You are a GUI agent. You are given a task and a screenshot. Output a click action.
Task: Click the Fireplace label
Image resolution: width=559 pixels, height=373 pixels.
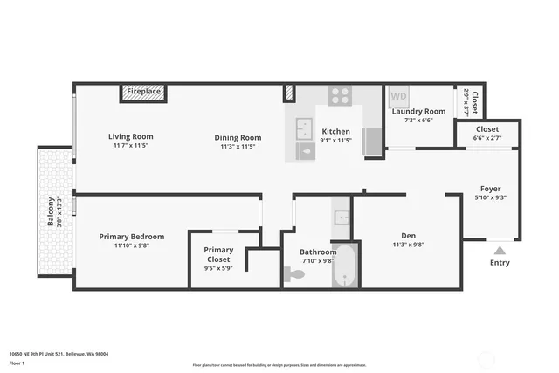click(143, 92)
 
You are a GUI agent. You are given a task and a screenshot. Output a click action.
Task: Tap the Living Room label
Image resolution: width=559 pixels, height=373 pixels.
click(131, 136)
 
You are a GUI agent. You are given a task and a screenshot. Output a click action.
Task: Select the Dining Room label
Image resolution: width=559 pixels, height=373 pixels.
click(238, 137)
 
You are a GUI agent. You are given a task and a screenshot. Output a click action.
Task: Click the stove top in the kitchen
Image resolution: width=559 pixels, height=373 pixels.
click(340, 95)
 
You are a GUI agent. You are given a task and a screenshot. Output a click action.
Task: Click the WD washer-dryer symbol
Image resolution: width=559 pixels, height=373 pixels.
click(398, 96)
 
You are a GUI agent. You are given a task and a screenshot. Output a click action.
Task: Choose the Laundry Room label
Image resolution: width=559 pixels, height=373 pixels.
click(418, 111)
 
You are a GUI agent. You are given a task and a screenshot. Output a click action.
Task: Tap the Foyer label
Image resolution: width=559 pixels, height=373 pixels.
click(490, 189)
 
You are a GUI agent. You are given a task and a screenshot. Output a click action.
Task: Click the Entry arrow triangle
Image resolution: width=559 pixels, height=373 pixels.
click(500, 250)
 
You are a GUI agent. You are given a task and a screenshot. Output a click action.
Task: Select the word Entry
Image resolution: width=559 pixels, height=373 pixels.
click(500, 262)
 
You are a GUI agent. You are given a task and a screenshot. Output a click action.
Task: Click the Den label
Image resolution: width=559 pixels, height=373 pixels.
click(408, 235)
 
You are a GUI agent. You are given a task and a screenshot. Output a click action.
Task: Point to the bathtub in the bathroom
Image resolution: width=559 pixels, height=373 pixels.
click(345, 266)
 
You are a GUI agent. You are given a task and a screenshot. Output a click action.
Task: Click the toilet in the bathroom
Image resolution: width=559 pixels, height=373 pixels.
click(295, 273)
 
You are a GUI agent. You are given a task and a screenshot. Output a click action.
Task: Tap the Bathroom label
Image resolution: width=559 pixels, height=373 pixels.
click(318, 252)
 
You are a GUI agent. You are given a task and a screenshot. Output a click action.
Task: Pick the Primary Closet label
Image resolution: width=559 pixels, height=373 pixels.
click(218, 254)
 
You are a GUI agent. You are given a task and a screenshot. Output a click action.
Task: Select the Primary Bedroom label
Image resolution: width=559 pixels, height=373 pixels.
click(132, 237)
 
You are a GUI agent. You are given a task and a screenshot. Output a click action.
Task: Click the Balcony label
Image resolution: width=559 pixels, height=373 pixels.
click(51, 211)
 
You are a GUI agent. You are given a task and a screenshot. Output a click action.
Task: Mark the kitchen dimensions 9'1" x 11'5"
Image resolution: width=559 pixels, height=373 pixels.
click(335, 140)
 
